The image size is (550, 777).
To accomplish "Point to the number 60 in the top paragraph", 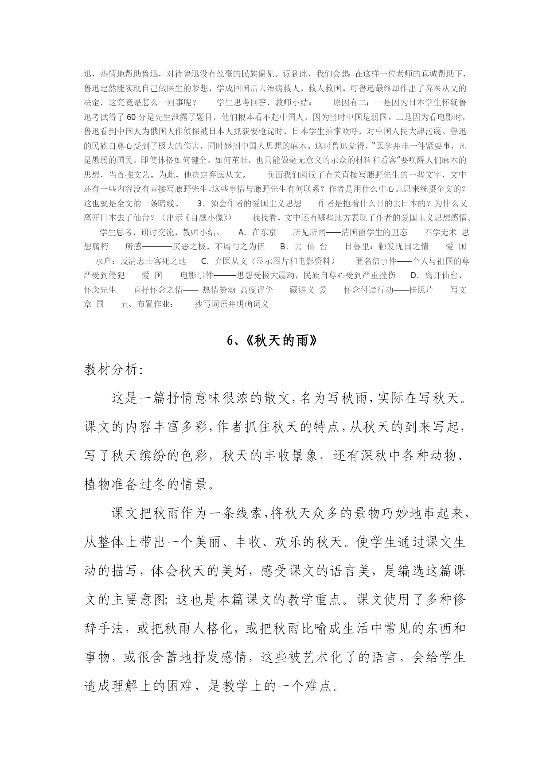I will click(x=131, y=117).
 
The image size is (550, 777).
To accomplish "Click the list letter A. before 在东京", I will click(x=242, y=232).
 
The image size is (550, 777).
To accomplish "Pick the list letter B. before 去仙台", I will click(x=285, y=247).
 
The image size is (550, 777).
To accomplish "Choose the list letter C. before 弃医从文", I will click(x=205, y=261).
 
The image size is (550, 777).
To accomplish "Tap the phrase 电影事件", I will click(x=197, y=276).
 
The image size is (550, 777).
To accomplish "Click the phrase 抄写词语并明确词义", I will click(x=231, y=304).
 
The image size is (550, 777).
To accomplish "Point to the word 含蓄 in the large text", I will click(x=167, y=657).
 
